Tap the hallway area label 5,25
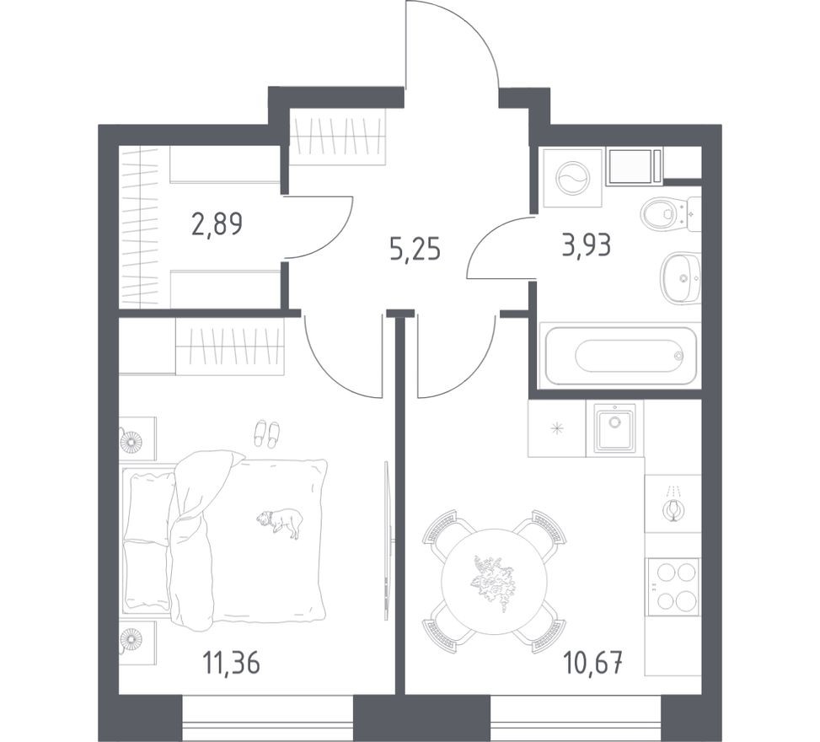click(x=415, y=250)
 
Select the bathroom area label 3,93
click(x=586, y=245)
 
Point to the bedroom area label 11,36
click(x=230, y=663)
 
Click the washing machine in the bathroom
click(x=573, y=179)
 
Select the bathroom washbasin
click(x=678, y=277)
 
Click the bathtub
click(x=620, y=355)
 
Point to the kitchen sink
click(x=616, y=427)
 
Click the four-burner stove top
click(x=673, y=587)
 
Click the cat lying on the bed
click(x=281, y=521)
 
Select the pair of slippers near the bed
click(x=266, y=433)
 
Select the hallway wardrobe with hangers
click(x=338, y=136)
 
